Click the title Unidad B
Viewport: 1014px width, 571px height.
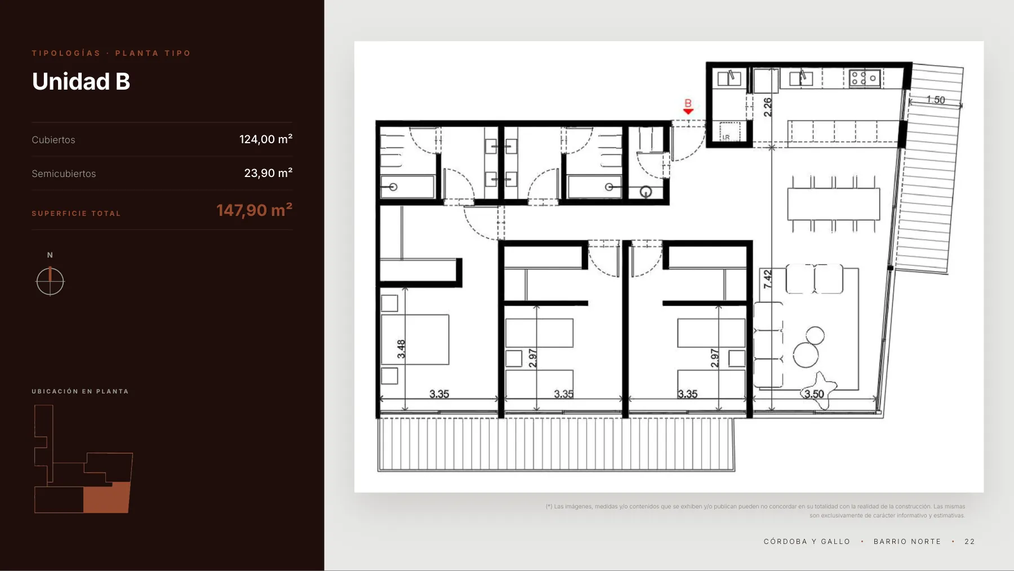tap(81, 82)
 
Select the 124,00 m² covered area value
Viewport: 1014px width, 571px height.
tap(266, 139)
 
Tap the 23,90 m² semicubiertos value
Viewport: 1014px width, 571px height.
tap(268, 173)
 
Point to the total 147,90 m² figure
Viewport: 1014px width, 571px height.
tap(255, 210)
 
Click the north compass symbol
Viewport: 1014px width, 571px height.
tap(50, 281)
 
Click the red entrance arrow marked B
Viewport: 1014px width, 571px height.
tap(688, 111)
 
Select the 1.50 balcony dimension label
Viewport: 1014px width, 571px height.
tap(936, 100)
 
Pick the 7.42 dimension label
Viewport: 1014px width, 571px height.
tap(767, 279)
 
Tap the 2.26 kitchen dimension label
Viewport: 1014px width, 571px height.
tap(767, 107)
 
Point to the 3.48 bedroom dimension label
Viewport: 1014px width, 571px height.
tap(401, 349)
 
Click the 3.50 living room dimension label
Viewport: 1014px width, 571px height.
tap(814, 394)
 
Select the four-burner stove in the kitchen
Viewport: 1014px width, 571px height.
tap(865, 78)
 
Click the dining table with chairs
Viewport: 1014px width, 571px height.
tap(833, 204)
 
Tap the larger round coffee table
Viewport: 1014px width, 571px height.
tap(806, 356)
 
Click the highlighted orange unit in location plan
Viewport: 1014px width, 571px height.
tap(106, 497)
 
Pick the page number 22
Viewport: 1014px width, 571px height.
tap(969, 542)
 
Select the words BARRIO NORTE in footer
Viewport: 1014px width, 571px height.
tap(907, 542)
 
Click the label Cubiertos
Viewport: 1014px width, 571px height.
tap(54, 140)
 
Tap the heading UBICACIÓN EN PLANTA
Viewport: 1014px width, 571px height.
tap(80, 391)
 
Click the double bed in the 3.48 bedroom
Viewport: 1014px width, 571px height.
tap(415, 339)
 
